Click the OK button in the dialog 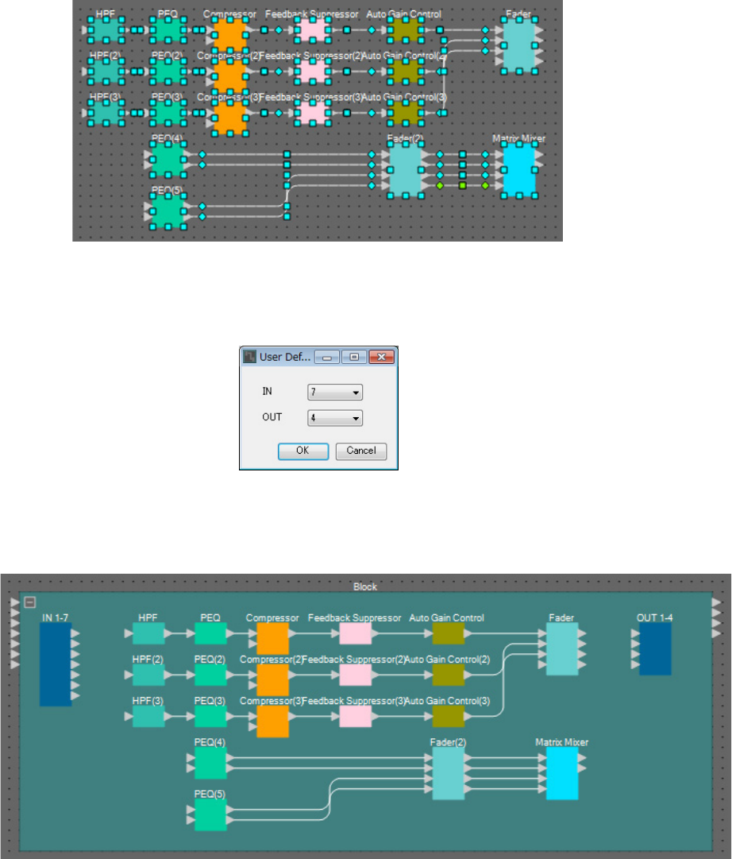tap(303, 451)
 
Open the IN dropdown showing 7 tap(334, 392)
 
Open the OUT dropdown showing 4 tap(334, 417)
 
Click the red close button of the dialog tap(382, 357)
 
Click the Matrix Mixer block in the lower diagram tap(562, 772)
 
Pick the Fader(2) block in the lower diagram tap(448, 772)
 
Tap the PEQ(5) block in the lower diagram tap(210, 815)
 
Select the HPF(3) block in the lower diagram tap(148, 717)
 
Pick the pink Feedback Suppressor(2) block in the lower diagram tap(355, 675)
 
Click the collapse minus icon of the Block tap(29, 602)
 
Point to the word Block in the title tap(365, 586)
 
